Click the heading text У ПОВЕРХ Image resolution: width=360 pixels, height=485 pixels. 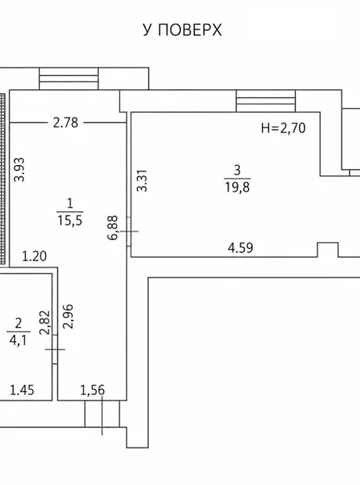click(182, 31)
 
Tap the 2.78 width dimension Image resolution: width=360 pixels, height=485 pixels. click(65, 123)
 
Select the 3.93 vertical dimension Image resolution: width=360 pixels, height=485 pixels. click(20, 169)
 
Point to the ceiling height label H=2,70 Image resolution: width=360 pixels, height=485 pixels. click(283, 128)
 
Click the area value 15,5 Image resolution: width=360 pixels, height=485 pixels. click(70, 221)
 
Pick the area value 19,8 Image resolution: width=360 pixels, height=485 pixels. click(237, 187)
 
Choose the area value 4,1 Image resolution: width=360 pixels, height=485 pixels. click(18, 340)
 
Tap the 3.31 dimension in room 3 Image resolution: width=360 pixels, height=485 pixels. click(142, 181)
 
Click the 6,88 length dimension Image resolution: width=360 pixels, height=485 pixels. click(113, 228)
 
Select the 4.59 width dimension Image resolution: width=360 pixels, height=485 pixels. click(240, 248)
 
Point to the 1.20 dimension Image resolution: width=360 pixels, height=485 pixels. click(34, 256)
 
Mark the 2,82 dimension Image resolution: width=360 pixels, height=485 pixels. click(45, 322)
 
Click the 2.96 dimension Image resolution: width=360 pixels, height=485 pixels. click(68, 316)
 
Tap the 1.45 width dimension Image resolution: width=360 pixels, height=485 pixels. click(22, 390)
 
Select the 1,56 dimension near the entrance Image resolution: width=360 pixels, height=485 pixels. click(92, 390)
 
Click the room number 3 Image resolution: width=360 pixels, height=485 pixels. click(237, 170)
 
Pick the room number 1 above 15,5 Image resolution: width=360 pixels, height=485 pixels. click(70, 203)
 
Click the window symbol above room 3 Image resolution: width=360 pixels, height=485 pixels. click(265, 101)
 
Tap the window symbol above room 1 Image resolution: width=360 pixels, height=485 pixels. click(69, 78)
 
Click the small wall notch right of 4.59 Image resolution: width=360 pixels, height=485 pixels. click(327, 250)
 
